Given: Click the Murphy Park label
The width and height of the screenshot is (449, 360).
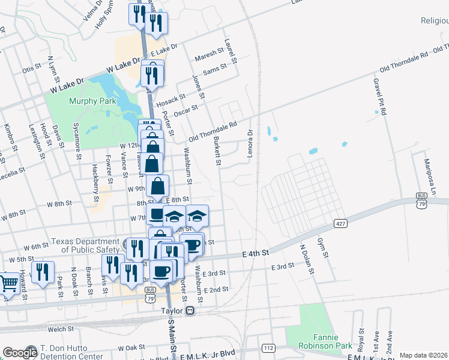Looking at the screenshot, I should point(92,101).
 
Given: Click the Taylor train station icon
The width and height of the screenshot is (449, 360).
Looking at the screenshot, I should point(190,311).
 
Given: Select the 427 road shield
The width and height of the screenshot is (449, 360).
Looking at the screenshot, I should point(341,224).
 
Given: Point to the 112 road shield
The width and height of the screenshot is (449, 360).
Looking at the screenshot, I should point(268,347).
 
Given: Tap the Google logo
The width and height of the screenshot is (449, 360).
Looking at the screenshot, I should point(19,353).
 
